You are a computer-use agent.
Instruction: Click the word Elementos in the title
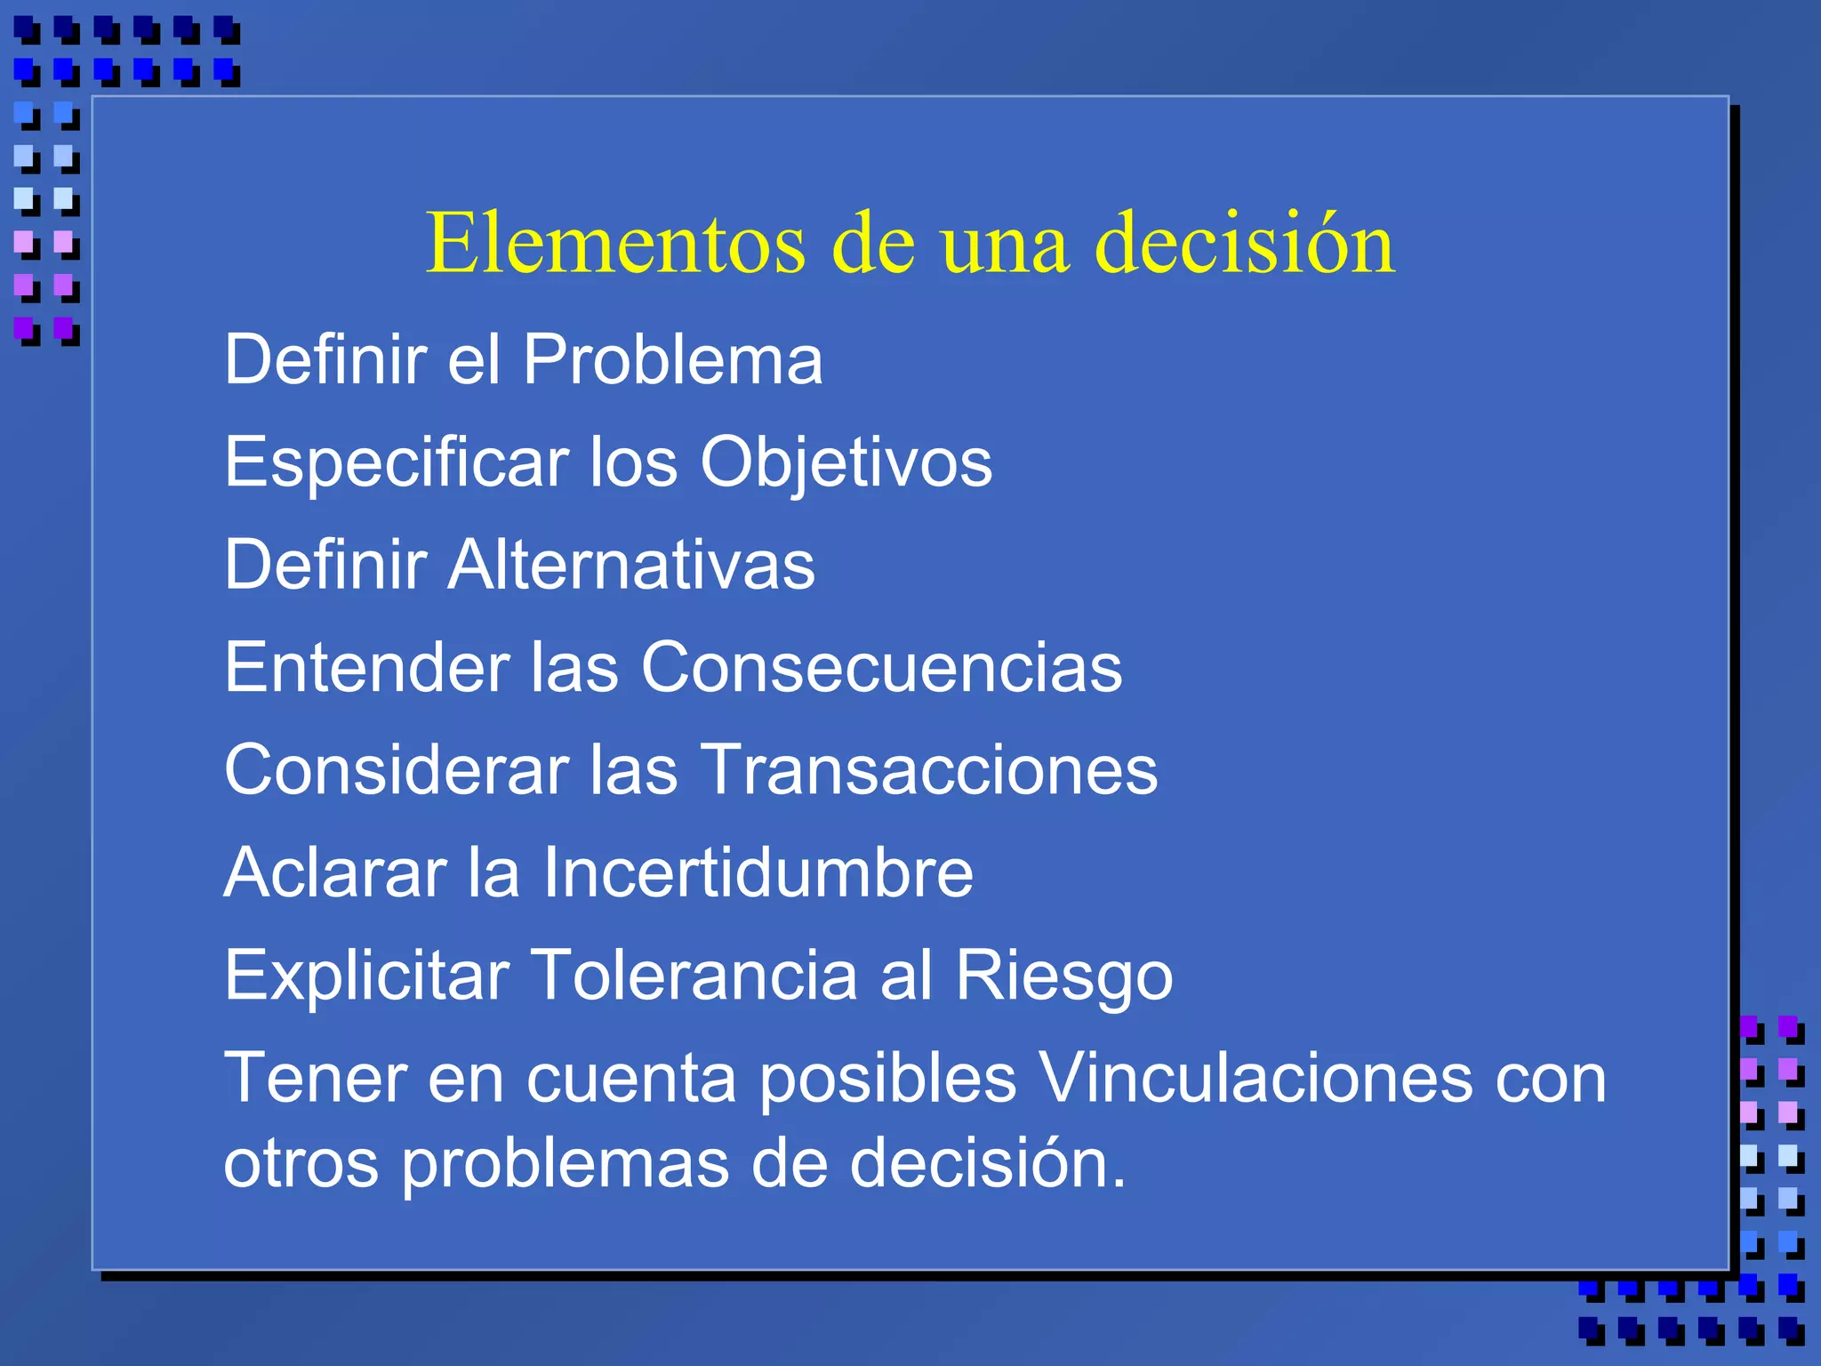(x=615, y=244)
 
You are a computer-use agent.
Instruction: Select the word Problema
(x=672, y=359)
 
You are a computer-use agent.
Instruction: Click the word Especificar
(x=397, y=462)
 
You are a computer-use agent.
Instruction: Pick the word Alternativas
(x=631, y=565)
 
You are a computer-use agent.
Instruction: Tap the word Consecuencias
(x=881, y=667)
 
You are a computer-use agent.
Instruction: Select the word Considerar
(x=397, y=770)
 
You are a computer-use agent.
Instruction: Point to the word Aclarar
(x=335, y=872)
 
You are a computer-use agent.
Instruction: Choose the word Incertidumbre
(x=758, y=872)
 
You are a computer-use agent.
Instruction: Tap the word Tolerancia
(x=694, y=976)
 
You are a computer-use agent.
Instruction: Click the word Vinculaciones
(x=1255, y=1078)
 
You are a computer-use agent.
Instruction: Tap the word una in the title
(x=1004, y=244)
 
